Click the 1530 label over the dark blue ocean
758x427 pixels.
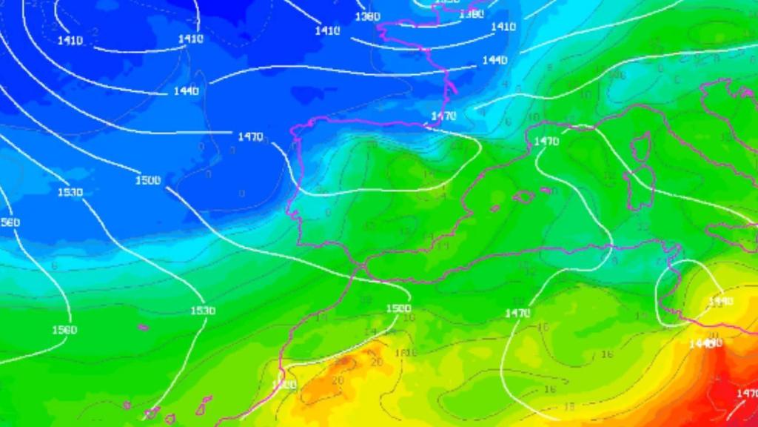click(x=70, y=193)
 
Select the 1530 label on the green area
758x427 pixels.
click(x=203, y=311)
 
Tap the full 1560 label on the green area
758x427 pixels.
click(x=64, y=330)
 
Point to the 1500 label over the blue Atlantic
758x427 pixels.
click(x=148, y=180)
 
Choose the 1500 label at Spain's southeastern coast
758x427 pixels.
click(x=398, y=308)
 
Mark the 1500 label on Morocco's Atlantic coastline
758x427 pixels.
click(x=284, y=385)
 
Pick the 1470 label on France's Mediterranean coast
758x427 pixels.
click(x=546, y=142)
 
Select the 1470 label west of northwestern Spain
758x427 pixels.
click(x=250, y=136)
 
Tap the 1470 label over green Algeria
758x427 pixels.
click(x=517, y=314)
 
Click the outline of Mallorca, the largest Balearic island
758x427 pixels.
click(x=523, y=196)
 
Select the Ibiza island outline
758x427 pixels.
click(x=495, y=208)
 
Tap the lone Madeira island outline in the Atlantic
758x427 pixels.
click(x=143, y=326)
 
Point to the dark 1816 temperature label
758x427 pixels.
click(x=406, y=353)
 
